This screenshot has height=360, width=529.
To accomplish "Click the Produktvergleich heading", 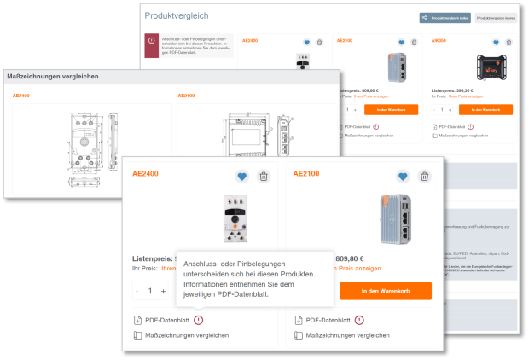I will pyautogui.click(x=177, y=16).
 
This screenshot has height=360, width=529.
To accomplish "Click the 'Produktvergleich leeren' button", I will pyautogui.click(x=496, y=17).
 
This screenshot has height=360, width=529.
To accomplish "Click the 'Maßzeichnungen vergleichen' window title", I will pyautogui.click(x=53, y=77).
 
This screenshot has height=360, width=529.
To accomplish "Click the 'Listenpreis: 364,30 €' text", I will pyautogui.click(x=452, y=90).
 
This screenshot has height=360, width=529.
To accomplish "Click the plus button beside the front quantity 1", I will pyautogui.click(x=163, y=291).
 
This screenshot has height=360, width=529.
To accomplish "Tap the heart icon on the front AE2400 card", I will pyautogui.click(x=242, y=177).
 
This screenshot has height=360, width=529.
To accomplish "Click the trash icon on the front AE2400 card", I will pyautogui.click(x=264, y=177).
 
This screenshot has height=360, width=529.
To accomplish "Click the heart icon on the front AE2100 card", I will pyautogui.click(x=404, y=177).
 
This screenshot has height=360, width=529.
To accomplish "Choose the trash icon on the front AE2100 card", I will pyautogui.click(x=425, y=177).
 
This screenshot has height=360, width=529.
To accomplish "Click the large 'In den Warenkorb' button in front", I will pyautogui.click(x=386, y=291).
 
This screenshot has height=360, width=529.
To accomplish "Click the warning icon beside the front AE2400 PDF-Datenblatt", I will pyautogui.click(x=199, y=320).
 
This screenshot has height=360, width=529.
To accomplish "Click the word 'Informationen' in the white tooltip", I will pyautogui.click(x=206, y=285).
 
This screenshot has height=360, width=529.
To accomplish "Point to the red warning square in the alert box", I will pyautogui.click(x=152, y=41).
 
